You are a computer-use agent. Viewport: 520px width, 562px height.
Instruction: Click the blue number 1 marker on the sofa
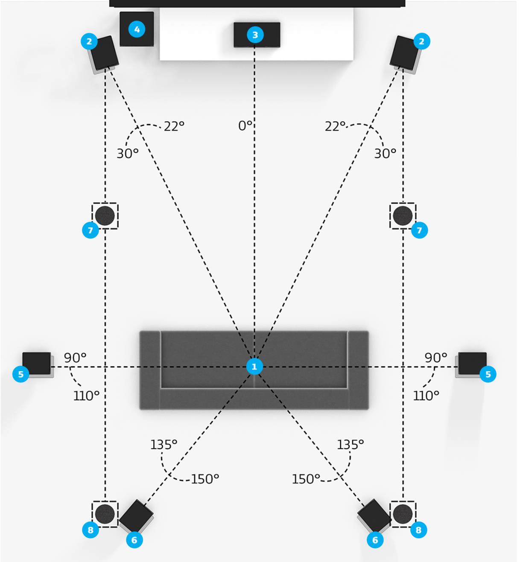[x=254, y=367]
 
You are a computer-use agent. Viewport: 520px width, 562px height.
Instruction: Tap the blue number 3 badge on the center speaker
[x=255, y=35]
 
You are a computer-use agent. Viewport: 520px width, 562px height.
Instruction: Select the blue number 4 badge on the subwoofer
[x=137, y=29]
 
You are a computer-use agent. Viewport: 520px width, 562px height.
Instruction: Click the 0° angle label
[x=245, y=125]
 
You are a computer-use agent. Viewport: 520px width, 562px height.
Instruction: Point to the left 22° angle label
[x=174, y=126]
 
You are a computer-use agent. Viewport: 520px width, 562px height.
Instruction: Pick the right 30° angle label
[x=385, y=153]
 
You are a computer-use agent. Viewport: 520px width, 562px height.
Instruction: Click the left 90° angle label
[x=75, y=358]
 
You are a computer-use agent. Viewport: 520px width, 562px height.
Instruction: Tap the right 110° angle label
[x=426, y=396]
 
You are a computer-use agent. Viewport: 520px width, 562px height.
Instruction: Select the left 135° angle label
[x=164, y=445]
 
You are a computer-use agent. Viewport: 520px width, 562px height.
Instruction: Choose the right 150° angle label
[x=306, y=479]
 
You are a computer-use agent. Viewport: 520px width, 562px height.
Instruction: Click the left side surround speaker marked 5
[x=37, y=364]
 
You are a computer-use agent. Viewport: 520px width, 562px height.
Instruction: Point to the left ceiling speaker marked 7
[x=105, y=216]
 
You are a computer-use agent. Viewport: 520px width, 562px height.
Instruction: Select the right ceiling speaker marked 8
[x=402, y=514]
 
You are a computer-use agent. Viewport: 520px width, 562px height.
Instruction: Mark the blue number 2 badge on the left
[x=89, y=41]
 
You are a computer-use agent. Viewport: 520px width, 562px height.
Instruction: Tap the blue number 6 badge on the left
[x=134, y=540]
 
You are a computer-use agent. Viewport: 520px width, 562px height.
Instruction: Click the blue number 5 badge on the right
[x=488, y=374]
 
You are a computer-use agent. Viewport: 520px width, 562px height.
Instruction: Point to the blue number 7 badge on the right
[x=419, y=230]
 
